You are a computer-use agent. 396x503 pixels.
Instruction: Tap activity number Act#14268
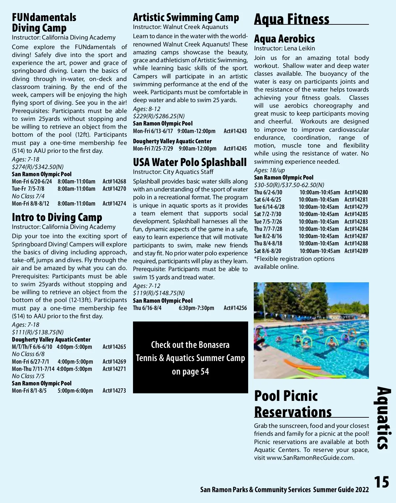pyautogui.click(x=114, y=182)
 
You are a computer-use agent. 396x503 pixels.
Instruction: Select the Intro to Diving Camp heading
pyautogui.click(x=57, y=217)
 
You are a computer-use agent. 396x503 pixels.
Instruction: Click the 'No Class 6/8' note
pyautogui.click(x=28, y=354)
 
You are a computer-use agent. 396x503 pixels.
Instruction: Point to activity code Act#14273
pyautogui.click(x=114, y=391)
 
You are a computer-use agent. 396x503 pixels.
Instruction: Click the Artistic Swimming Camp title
pyautogui.click(x=186, y=17)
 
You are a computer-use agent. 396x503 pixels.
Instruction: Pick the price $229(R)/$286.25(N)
pyautogui.click(x=159, y=116)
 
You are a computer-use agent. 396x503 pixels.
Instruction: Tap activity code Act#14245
pyautogui.click(x=235, y=149)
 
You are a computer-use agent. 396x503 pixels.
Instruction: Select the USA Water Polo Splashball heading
pyautogui.click(x=190, y=162)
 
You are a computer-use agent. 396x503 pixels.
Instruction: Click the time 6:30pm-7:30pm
pyautogui.click(x=196, y=308)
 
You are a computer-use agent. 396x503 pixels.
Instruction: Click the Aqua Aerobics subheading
pyautogui.click(x=284, y=39)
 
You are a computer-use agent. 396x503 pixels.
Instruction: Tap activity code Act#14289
pyautogui.click(x=356, y=251)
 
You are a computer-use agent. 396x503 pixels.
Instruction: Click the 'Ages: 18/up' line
pyautogui.click(x=269, y=170)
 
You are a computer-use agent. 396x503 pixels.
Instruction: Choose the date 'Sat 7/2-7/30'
pyautogui.click(x=268, y=214)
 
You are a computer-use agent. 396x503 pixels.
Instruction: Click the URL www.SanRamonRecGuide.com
pyautogui.click(x=310, y=458)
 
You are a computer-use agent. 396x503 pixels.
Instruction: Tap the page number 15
pyautogui.click(x=381, y=482)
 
